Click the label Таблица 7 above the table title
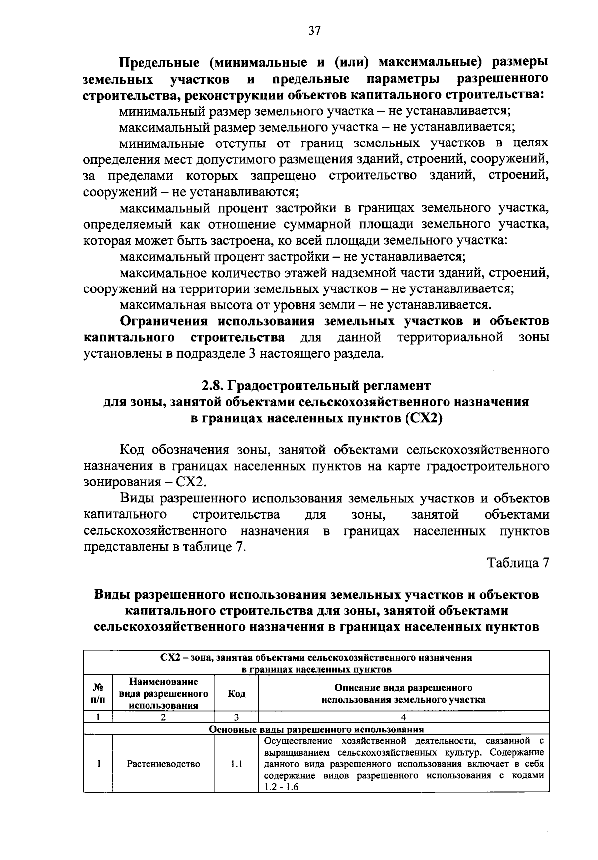[x=518, y=563]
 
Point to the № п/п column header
[x=98, y=693]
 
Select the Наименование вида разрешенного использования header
[x=163, y=693]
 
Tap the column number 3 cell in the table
[x=236, y=717]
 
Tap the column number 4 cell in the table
[x=403, y=717]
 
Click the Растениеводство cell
[x=163, y=764]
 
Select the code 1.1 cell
[x=236, y=764]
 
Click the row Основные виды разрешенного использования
[x=316, y=729]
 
